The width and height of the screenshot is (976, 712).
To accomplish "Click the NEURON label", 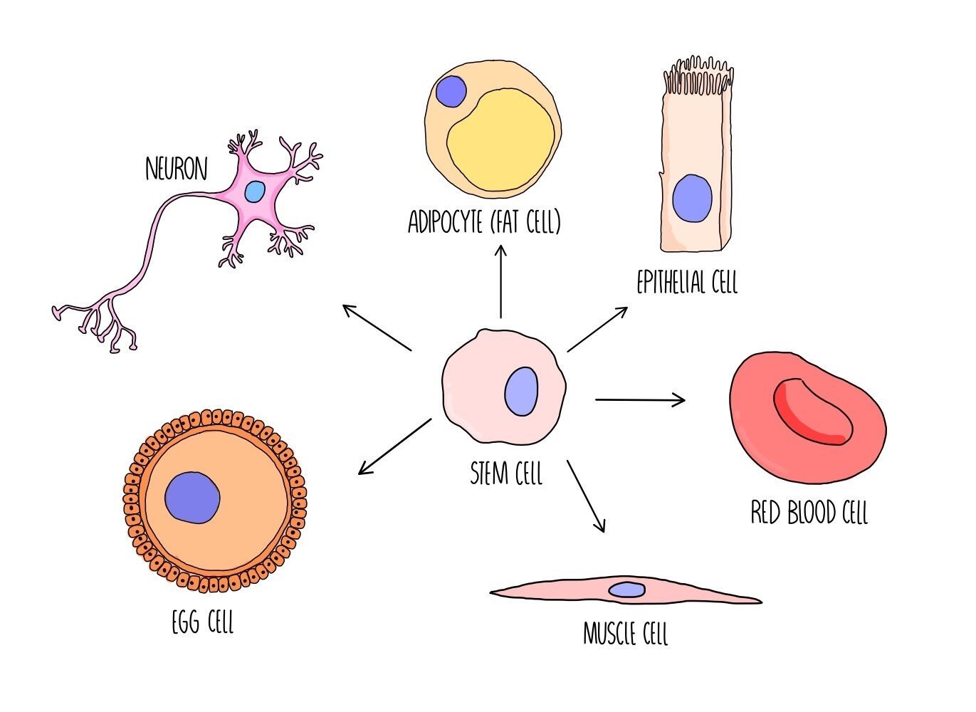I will pyautogui.click(x=176, y=169).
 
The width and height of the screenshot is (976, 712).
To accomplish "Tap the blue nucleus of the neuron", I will pyautogui.click(x=254, y=192).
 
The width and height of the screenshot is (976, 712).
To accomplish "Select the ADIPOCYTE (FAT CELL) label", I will pyautogui.click(x=484, y=222).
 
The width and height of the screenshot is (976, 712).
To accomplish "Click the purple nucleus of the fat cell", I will pyautogui.click(x=451, y=92).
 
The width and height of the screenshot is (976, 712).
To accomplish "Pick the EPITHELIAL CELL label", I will pyautogui.click(x=687, y=282).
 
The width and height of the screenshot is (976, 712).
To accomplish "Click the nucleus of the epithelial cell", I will pyautogui.click(x=692, y=198).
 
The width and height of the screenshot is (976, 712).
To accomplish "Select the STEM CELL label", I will pyautogui.click(x=506, y=473).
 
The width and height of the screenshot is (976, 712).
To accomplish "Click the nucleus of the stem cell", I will pyautogui.click(x=522, y=391).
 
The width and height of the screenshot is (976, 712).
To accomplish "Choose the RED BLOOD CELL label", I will pyautogui.click(x=809, y=512).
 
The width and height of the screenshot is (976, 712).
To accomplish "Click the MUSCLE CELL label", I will pyautogui.click(x=625, y=633).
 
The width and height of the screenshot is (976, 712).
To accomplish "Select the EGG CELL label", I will pyautogui.click(x=203, y=622).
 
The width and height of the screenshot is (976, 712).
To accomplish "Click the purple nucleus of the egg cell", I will pyautogui.click(x=192, y=497).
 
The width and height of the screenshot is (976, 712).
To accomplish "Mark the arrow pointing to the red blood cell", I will pyautogui.click(x=639, y=400).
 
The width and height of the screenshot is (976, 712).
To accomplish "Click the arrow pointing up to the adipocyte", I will pyautogui.click(x=501, y=281).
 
